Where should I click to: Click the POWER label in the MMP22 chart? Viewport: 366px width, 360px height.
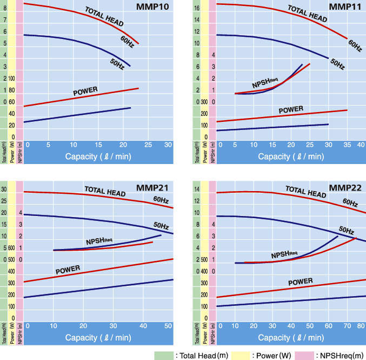301,282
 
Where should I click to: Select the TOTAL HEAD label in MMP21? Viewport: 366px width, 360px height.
105,191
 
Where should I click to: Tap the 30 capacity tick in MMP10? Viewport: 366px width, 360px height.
168,145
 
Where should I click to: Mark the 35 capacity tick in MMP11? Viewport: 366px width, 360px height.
347,145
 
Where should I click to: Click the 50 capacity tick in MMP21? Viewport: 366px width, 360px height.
171,325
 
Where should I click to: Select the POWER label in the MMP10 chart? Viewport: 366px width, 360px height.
88,92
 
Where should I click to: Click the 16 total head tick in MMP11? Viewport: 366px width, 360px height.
197,8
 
